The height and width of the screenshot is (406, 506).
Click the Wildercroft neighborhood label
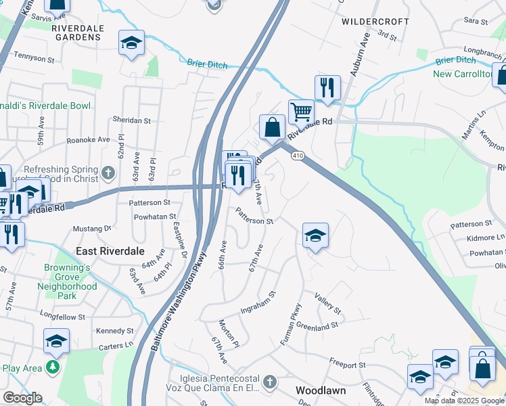[x=375, y=22]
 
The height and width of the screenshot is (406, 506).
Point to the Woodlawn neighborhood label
[x=321, y=391]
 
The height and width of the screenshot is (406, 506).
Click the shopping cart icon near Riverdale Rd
[x=301, y=110]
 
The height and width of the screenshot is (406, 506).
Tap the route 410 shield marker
[x=298, y=156]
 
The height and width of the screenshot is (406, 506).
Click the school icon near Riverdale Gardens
[x=131, y=43]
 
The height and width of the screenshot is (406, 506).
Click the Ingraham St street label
[x=259, y=303]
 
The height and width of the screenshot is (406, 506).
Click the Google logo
[x=22, y=398]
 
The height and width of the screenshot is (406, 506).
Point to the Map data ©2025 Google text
[x=464, y=401]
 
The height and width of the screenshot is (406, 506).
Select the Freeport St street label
[x=347, y=364]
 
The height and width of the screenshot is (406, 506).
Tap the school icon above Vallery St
[x=315, y=236]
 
